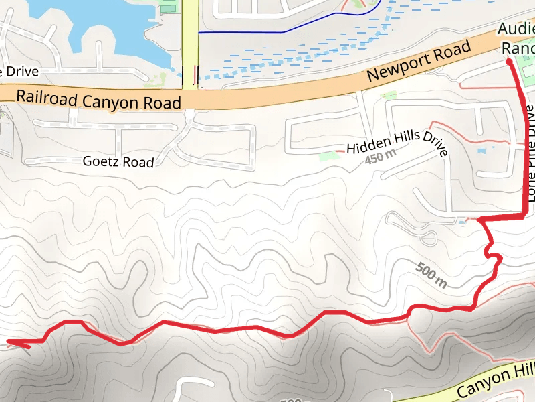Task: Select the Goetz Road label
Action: click(118, 162)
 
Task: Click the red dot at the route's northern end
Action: click(509, 62)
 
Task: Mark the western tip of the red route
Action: click(8, 343)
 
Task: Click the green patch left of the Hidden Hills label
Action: click(327, 156)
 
